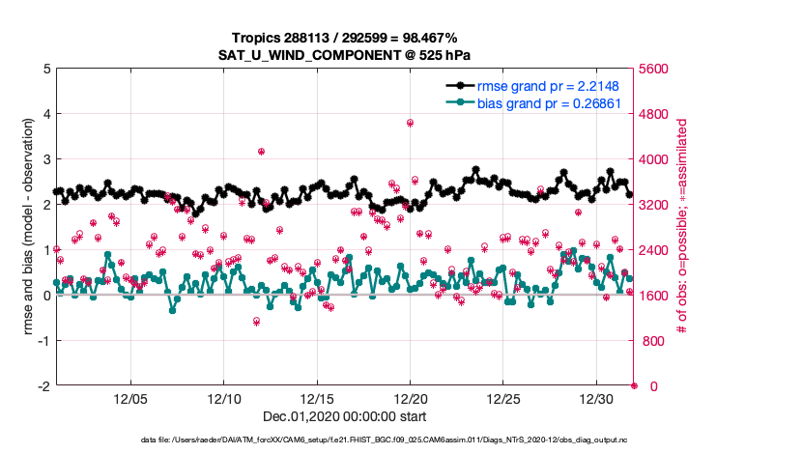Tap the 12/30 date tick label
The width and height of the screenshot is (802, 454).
[596, 398]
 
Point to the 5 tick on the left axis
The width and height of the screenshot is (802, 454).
[45, 69]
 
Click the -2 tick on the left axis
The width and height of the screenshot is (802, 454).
[43, 386]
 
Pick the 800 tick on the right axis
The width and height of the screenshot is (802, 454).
[651, 341]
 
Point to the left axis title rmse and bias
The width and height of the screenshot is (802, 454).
[28, 227]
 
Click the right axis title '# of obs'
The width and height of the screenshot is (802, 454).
[682, 227]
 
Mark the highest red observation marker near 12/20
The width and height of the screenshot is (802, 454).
[411, 123]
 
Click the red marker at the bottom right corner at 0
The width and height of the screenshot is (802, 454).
[634, 385]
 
